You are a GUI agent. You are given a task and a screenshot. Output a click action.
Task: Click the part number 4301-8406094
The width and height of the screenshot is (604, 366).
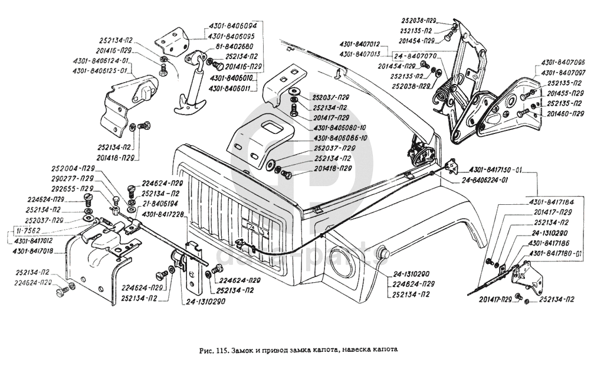pyautogui.click(x=232, y=26)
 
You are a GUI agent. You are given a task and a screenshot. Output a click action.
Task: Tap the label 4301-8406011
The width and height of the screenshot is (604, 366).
pyautogui.click(x=231, y=88)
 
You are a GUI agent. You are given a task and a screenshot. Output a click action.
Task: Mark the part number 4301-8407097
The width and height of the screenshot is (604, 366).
pyautogui.click(x=563, y=73)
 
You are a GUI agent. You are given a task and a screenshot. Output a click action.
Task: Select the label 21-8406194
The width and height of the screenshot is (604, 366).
pyautogui.click(x=160, y=202)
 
